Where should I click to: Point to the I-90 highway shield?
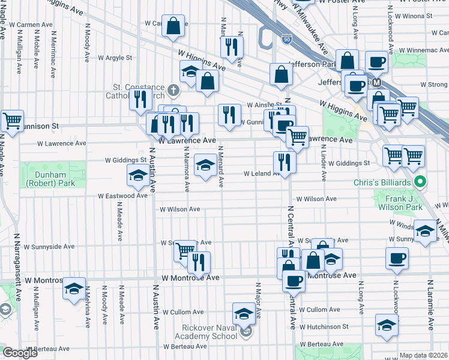click(x=287, y=38)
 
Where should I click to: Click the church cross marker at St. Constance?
click(x=173, y=91)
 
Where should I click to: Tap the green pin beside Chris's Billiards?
click(x=421, y=181)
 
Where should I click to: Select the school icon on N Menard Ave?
click(x=205, y=164)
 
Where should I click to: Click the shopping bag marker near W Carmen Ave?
click(x=173, y=26)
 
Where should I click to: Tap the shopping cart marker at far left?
click(x=11, y=121)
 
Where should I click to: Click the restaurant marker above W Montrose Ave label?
click(x=199, y=262)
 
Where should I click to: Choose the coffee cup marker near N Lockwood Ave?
click(x=397, y=258)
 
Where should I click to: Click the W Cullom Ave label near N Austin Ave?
click(x=182, y=312)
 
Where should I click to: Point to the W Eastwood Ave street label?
click(x=123, y=196)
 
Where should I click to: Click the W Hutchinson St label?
click(x=324, y=327)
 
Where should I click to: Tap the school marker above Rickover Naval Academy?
click(x=244, y=313)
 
